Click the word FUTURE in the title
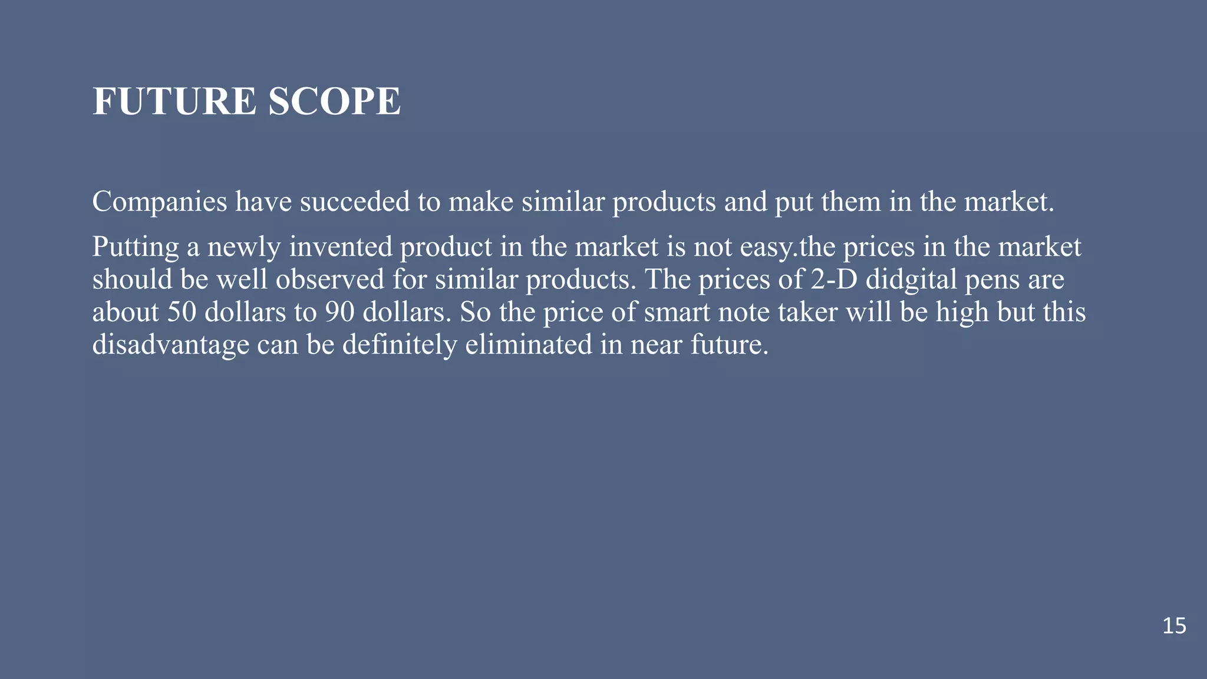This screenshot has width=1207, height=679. tap(174, 101)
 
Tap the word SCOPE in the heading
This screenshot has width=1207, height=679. tap(334, 101)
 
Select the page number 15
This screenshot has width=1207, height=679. tap(1174, 626)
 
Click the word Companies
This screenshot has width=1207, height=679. tap(160, 202)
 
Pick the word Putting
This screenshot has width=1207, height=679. tap(135, 248)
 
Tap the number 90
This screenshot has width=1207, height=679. tap(339, 312)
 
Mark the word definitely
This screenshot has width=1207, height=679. tap(399, 345)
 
